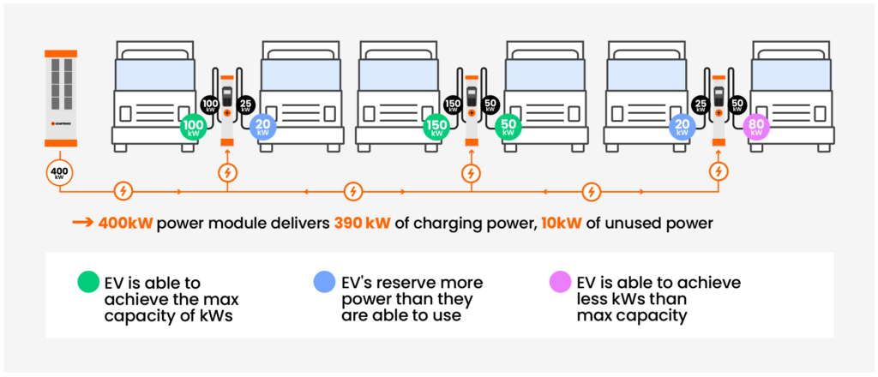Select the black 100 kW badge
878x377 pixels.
pyautogui.click(x=210, y=105)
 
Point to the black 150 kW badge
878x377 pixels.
pyautogui.click(x=454, y=105)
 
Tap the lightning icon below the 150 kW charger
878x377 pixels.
pyautogui.click(x=471, y=174)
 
